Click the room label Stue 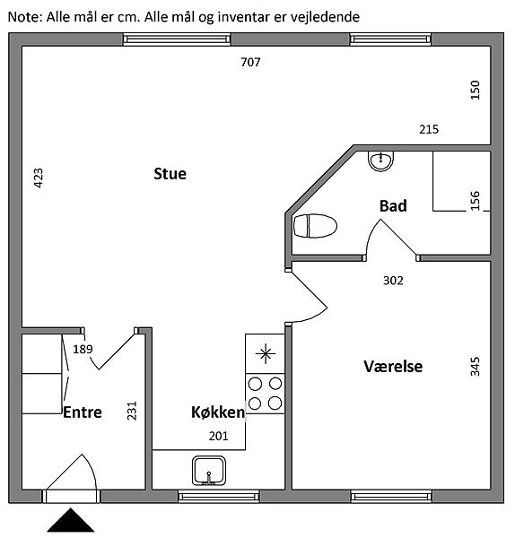170,174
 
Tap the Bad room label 393,206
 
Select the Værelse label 393,367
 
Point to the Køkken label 218,412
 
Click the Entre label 83,412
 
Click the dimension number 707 250,62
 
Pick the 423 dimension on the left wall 39,178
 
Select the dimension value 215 429,129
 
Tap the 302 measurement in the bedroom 393,281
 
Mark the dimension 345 475,367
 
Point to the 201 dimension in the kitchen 219,436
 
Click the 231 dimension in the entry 132,411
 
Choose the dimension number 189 83,350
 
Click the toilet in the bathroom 315,226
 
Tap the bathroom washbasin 380,161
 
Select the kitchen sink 209,471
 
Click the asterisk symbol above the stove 266,354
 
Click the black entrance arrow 71,522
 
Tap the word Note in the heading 23,16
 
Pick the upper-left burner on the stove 255,384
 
